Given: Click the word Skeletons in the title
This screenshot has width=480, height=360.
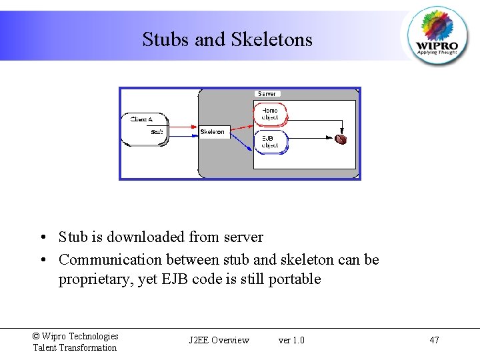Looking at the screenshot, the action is [x=271, y=39].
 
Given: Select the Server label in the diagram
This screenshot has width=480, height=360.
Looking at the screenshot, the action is [x=267, y=94].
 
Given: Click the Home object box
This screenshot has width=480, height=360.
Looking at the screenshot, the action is [x=270, y=114].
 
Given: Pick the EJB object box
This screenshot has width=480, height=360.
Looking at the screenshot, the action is [x=270, y=141].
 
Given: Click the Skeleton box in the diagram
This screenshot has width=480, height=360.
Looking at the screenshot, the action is [x=213, y=132].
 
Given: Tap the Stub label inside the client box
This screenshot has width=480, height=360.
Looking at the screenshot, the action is [x=157, y=132].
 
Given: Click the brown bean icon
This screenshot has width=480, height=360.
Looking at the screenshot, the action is [x=341, y=139].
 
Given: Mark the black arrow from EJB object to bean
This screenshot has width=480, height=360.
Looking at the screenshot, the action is [x=313, y=139].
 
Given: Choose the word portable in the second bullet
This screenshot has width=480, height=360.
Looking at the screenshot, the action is [x=294, y=279].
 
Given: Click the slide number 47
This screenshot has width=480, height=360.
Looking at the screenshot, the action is [x=434, y=340].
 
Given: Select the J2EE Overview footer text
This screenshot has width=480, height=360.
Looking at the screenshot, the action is [x=219, y=340].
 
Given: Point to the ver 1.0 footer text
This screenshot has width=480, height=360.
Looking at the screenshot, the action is [x=291, y=340].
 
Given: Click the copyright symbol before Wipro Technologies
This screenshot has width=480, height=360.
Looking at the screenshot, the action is [x=36, y=337].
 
